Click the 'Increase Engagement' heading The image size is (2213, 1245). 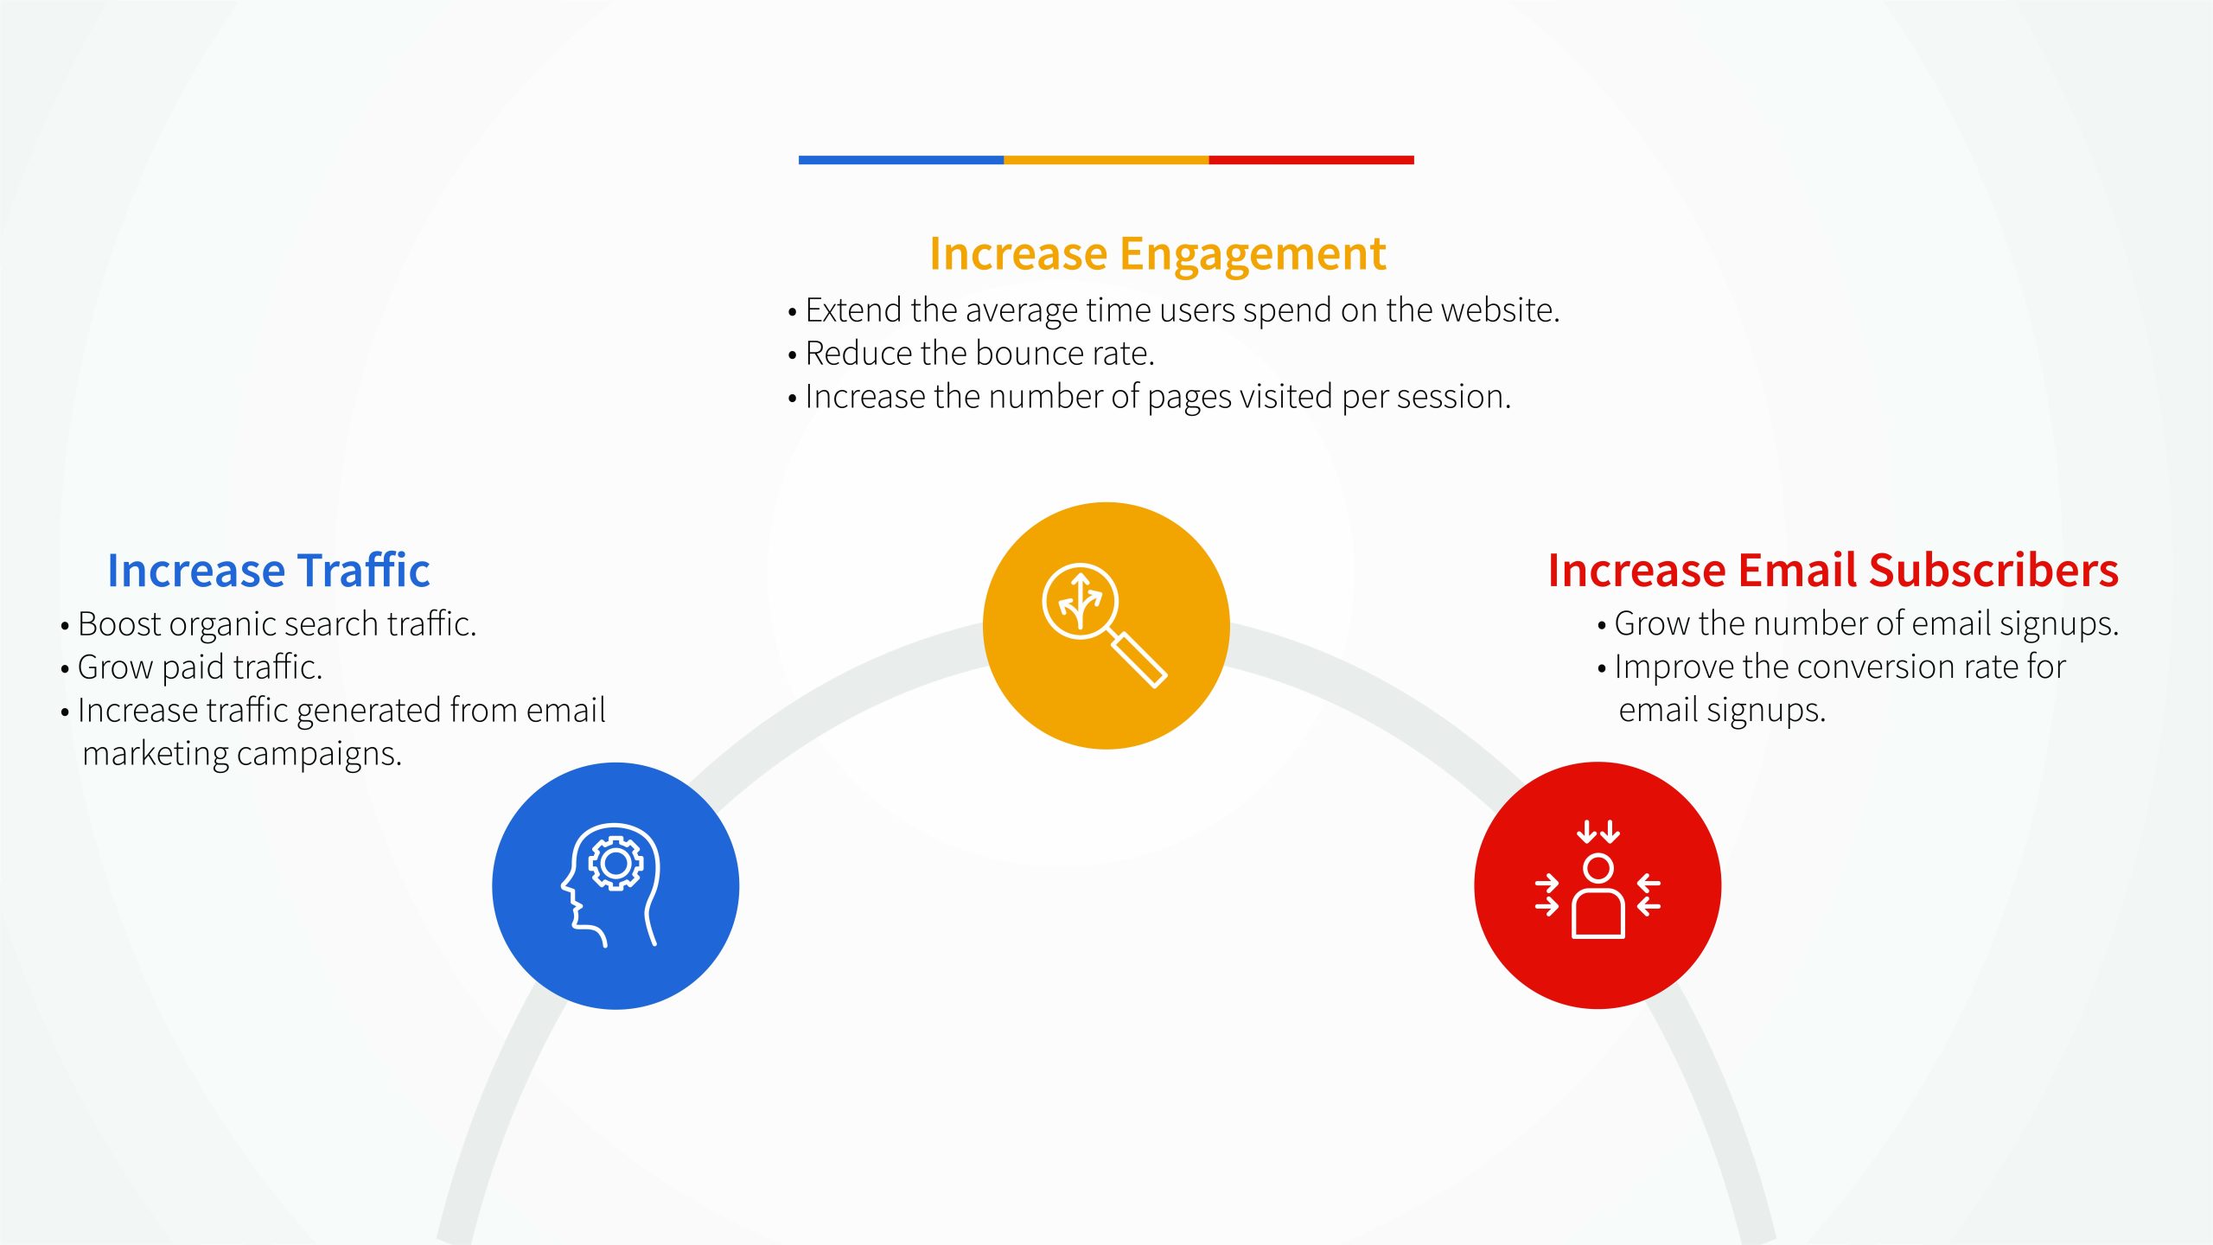(x=1158, y=255)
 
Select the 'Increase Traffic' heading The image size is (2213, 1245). (x=268, y=571)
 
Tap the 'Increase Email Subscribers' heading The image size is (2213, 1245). (x=1833, y=571)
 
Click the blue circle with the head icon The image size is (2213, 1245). (x=615, y=885)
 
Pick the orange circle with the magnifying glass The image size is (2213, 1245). (x=1106, y=625)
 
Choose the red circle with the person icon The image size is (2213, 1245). (x=1598, y=885)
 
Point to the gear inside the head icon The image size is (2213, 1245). (x=615, y=863)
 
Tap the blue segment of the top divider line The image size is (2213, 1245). (x=901, y=160)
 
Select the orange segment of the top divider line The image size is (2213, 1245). (x=1106, y=160)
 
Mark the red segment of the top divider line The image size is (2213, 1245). (x=1311, y=160)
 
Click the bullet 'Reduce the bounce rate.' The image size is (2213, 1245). (x=972, y=354)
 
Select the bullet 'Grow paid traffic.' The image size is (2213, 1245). (x=192, y=667)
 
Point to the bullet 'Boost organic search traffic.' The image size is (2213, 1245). (x=269, y=624)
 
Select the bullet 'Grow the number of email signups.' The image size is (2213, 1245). (x=1859, y=624)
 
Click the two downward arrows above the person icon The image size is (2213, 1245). (x=1598, y=831)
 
